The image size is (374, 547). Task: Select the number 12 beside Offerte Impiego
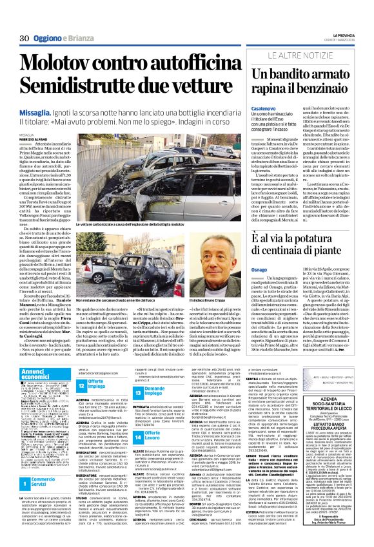pyautogui.click(x=82, y=386)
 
